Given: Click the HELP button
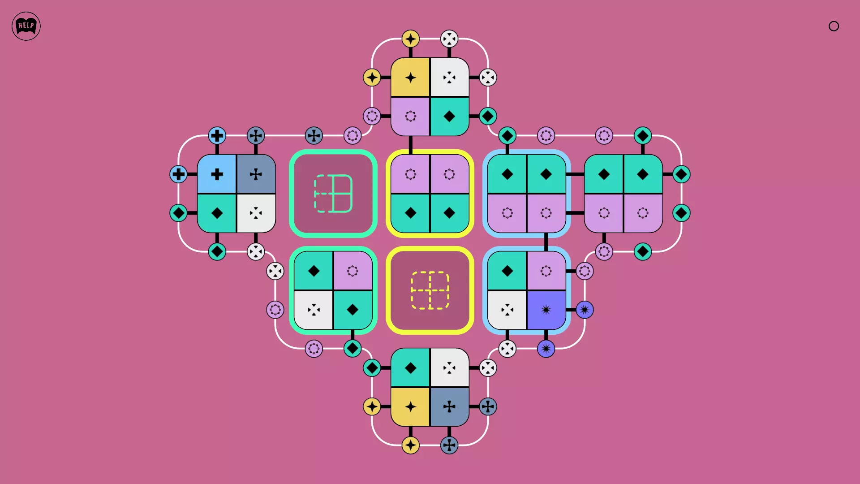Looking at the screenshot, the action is pyautogui.click(x=26, y=26).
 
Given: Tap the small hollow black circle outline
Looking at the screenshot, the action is pyautogui.click(x=834, y=26).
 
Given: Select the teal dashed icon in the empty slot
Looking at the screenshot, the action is pyautogui.click(x=333, y=194).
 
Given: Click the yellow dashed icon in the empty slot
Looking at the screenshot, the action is pyautogui.click(x=430, y=290).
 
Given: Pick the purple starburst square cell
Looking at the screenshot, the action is pyautogui.click(x=546, y=310).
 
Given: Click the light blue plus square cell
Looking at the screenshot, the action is pyautogui.click(x=217, y=174).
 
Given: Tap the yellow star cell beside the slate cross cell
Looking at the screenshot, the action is pyautogui.click(x=410, y=407).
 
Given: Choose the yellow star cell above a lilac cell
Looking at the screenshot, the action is pyautogui.click(x=410, y=77).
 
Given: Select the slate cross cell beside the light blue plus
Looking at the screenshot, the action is pyautogui.click(x=256, y=174).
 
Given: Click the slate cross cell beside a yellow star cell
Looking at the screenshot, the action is pyautogui.click(x=450, y=407).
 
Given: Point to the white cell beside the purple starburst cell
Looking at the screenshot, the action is pyautogui.click(x=507, y=310).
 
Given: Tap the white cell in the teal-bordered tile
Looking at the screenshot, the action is pyautogui.click(x=314, y=310).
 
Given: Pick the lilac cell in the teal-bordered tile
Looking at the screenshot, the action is pyautogui.click(x=353, y=271).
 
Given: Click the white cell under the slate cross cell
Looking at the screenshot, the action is pyautogui.click(x=256, y=213).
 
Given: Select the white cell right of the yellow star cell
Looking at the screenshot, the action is pyautogui.click(x=450, y=77).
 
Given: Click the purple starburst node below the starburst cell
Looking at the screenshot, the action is pyautogui.click(x=546, y=349).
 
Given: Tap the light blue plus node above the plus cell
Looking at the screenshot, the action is pyautogui.click(x=217, y=135).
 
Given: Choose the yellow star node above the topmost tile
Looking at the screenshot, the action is pyautogui.click(x=411, y=39).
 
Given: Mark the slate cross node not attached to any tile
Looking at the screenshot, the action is pyautogui.click(x=314, y=135).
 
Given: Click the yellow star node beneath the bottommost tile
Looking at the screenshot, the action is pyautogui.click(x=411, y=445).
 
